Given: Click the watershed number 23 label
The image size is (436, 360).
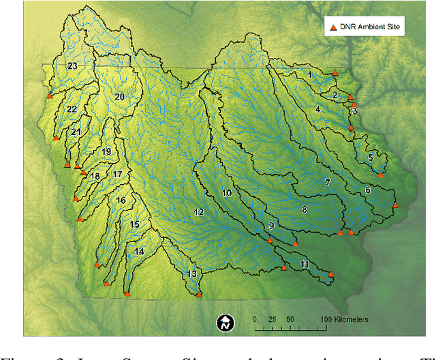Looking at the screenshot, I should pos(72,65).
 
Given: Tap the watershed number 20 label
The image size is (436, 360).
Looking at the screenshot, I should pos(119,97).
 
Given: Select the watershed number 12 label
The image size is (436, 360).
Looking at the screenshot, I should pos(198,213).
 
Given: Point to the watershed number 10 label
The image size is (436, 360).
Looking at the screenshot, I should pos(227,194).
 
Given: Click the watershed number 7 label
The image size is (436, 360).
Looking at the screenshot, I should pos(328,183).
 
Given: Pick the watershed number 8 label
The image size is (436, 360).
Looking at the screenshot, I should pos(305,209).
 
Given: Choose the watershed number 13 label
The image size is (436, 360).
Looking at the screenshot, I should pos(192,274).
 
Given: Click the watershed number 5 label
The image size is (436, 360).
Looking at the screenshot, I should pos(371,157).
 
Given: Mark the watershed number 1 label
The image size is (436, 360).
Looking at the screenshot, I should pos(309,74).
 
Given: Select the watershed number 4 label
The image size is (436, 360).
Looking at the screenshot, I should pos(317,109).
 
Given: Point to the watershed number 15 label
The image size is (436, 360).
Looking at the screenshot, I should pos(135,224).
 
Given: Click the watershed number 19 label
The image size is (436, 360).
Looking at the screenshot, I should pos(106,151).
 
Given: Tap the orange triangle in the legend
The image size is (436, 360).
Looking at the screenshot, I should pos(333,27).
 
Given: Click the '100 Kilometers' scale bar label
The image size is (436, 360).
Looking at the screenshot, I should pos(345,319).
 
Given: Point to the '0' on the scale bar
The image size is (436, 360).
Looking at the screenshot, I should pos(254,319).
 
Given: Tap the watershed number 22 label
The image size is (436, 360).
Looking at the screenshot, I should pos(72,109).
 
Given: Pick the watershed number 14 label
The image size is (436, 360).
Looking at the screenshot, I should pos(139,252).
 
